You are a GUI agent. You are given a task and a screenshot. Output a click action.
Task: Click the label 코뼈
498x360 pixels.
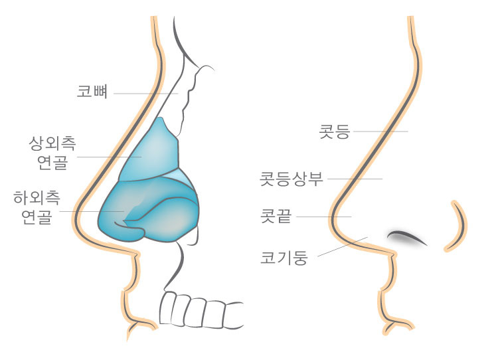tap(92, 92)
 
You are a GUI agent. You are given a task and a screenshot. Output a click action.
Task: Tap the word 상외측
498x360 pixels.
tap(52, 143)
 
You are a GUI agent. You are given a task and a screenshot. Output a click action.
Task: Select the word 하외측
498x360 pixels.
tap(37, 198)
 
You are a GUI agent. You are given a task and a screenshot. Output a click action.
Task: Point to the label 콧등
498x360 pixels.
tap(335, 132)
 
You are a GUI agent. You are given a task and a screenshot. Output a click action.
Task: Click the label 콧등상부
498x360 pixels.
tap(291, 179)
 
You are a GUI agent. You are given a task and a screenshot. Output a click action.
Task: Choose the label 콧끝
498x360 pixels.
tap(276, 217)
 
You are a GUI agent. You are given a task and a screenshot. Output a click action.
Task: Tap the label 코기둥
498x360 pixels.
tap(284, 257)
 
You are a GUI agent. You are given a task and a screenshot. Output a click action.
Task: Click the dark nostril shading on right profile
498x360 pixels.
tap(406, 237)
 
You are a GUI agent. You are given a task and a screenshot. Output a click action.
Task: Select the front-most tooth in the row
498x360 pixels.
tap(168, 308)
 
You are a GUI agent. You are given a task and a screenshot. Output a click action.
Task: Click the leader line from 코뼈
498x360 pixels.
tap(146, 94)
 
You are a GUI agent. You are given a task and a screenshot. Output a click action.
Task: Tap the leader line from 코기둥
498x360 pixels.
tap(343, 246)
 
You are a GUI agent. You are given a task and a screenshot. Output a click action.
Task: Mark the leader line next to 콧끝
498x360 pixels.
tap(323, 217)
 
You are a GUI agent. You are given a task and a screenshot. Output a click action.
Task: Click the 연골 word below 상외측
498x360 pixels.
tap(52, 162)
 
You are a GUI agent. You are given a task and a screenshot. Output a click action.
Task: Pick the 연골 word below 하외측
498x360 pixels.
tap(37, 217)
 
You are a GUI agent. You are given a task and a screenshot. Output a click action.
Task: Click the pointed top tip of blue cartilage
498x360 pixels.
tap(161, 118)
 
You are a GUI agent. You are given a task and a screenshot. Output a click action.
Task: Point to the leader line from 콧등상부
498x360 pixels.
tap(355, 179)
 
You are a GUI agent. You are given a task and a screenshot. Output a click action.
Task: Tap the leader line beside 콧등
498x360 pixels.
tap(380, 132)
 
